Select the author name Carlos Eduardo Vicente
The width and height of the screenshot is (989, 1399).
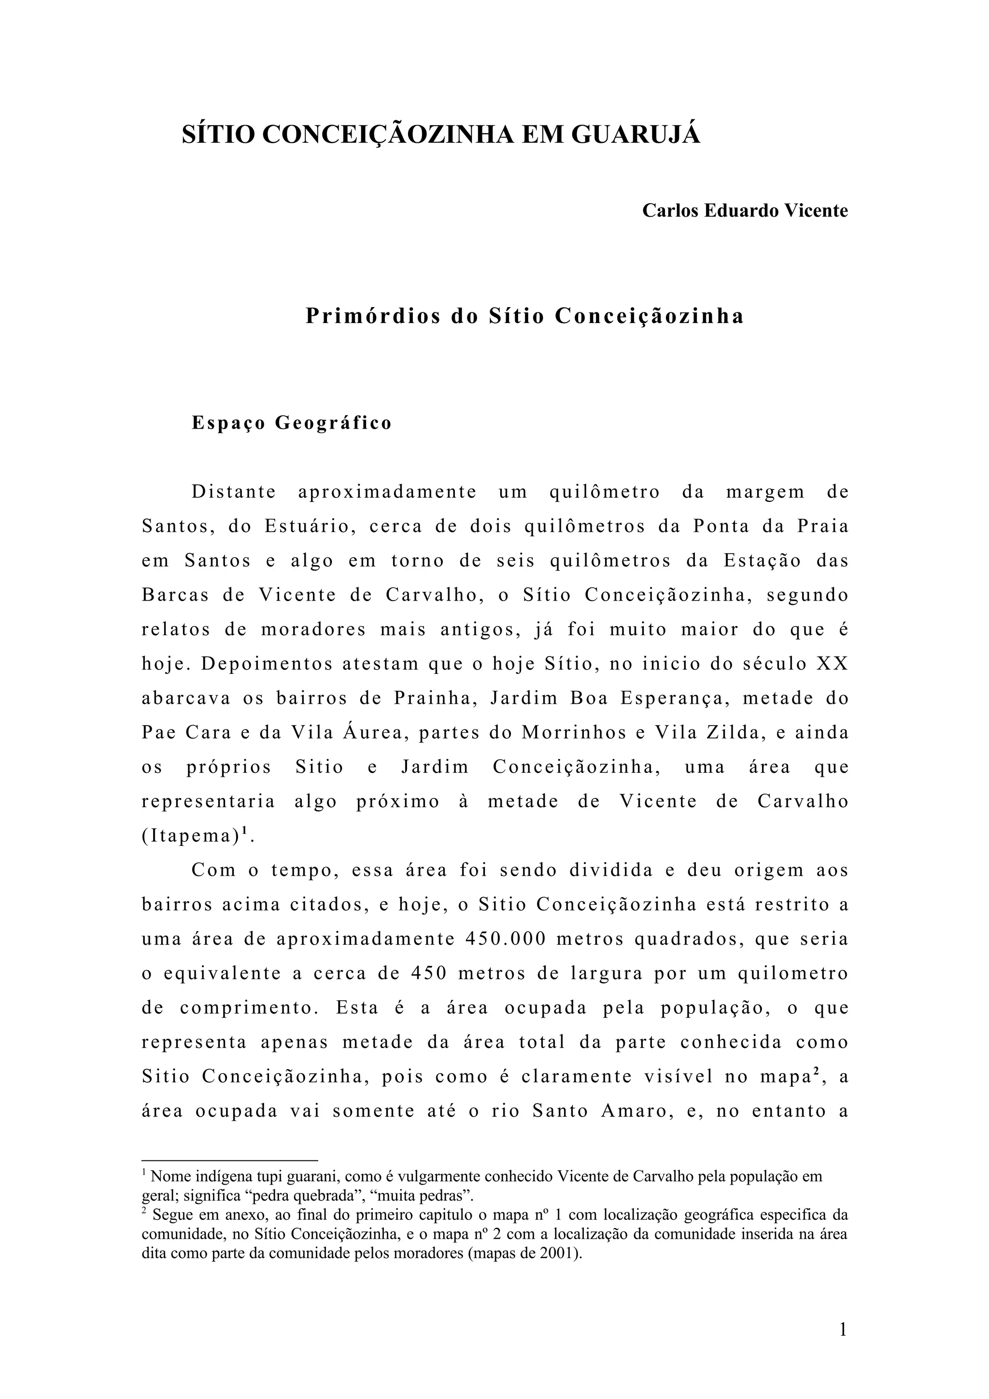(745, 211)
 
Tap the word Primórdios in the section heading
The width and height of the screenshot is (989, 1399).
(373, 316)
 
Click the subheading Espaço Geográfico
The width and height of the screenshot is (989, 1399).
(292, 423)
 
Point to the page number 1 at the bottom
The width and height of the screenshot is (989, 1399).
(843, 1329)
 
